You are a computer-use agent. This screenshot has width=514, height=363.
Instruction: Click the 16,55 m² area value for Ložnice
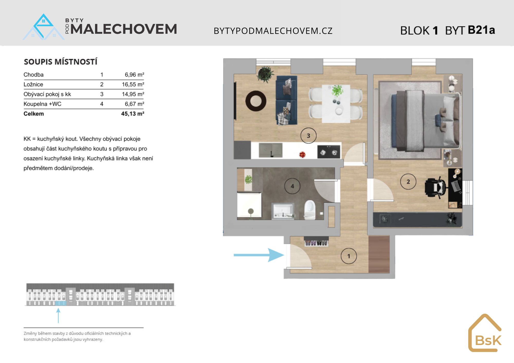click(133, 84)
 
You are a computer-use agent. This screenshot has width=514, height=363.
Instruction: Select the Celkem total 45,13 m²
click(133, 114)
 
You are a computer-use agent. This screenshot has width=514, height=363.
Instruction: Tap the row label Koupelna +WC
click(42, 104)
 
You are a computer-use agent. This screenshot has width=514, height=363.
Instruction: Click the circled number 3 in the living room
click(308, 136)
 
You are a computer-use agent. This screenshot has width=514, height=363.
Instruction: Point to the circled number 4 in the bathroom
click(292, 186)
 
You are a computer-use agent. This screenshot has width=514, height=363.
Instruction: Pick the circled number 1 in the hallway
click(348, 256)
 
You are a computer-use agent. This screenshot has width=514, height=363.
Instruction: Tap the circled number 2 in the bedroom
click(408, 182)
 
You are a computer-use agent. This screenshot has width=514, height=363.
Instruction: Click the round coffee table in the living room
click(256, 101)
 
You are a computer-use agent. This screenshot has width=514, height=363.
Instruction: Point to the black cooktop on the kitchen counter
click(329, 152)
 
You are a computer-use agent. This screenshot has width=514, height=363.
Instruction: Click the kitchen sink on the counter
click(270, 150)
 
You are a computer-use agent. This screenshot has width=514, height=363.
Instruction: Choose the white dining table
click(336, 104)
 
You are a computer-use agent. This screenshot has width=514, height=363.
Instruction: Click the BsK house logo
click(485, 333)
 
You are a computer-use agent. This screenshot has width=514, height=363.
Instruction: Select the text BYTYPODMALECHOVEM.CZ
click(273, 31)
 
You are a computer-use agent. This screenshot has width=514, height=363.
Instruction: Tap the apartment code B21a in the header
click(481, 30)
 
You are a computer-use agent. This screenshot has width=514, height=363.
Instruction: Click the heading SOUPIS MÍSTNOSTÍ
click(61, 62)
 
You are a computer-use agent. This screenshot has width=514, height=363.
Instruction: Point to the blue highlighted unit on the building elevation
click(61, 303)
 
